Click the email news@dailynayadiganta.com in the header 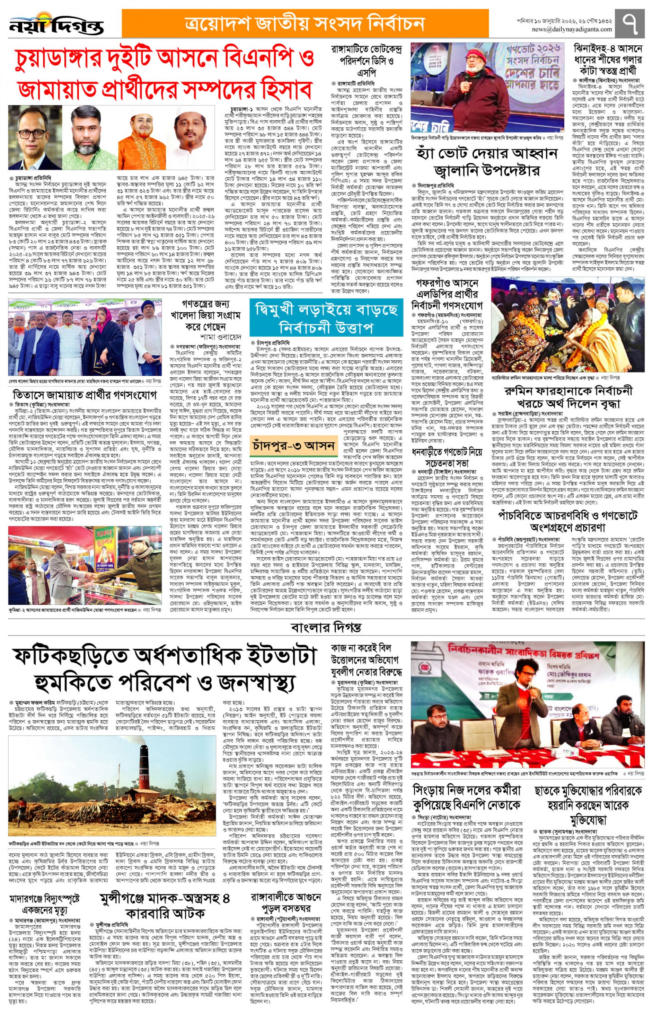(x=572, y=30)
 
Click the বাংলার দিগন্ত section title (x=326, y=627)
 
